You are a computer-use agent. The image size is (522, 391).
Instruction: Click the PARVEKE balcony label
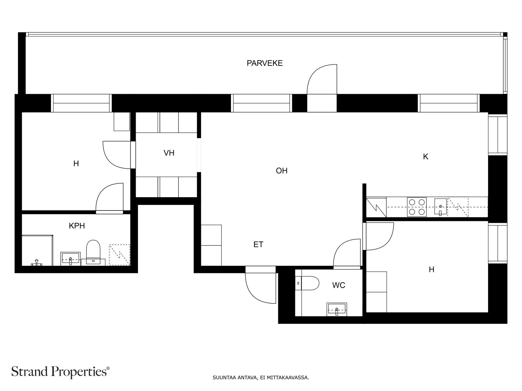265,63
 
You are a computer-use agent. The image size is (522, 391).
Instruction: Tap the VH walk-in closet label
169,153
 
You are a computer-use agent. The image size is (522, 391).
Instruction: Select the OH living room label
282,171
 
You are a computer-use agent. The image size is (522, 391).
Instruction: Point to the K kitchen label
425,157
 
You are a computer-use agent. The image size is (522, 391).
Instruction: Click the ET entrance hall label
258,244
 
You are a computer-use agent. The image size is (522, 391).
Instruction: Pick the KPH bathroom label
77,226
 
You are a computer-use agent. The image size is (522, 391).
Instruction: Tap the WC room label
338,285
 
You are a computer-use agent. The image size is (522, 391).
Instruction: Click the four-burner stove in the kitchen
417,207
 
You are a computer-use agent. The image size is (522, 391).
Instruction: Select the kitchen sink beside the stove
440,207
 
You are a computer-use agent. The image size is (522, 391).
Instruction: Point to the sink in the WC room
336,309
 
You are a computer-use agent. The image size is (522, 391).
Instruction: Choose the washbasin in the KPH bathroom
70,259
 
